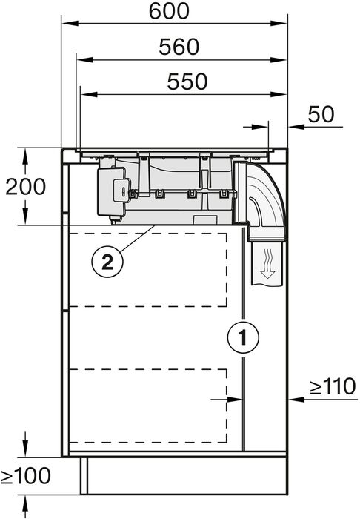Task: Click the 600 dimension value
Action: pos(169,11)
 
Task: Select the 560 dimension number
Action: pos(179,47)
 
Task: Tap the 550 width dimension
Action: pos(186,82)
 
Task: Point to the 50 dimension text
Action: pos(321,115)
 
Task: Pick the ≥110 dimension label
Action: pos(333,386)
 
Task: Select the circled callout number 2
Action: pos(106,261)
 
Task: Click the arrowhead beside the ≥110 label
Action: pos(294,399)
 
